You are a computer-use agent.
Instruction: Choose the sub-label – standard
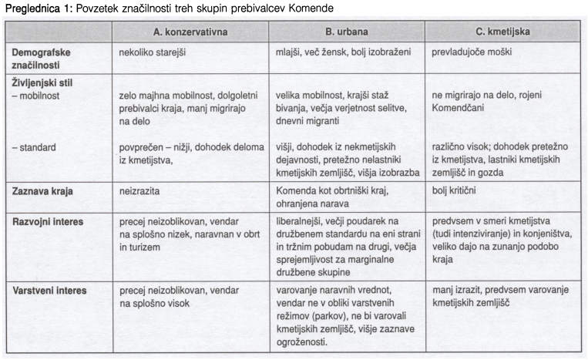pyautogui.click(x=35, y=146)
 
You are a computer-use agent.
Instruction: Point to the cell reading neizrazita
pyautogui.click(x=140, y=190)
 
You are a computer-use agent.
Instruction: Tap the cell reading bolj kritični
pyautogui.click(x=460, y=190)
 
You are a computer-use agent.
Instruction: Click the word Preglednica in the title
pyautogui.click(x=32, y=8)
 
